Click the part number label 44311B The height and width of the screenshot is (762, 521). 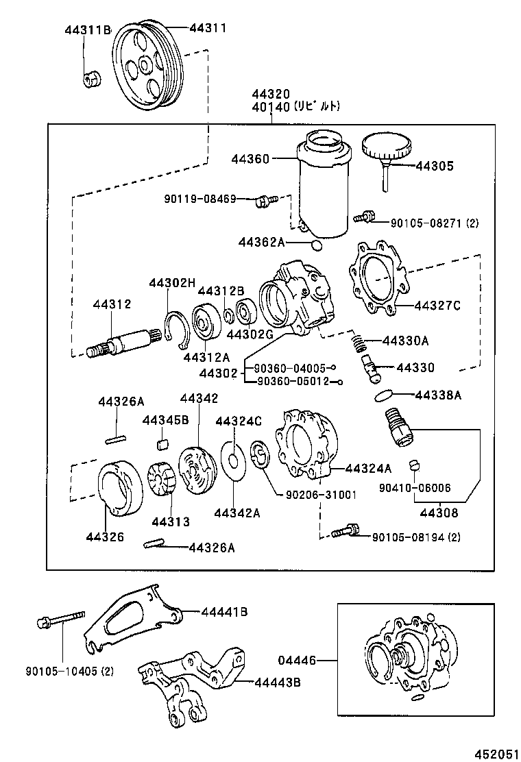click(88, 30)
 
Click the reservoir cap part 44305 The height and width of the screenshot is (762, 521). click(385, 147)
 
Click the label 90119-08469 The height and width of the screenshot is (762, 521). click(199, 199)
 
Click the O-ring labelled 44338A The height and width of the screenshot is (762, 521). click(385, 396)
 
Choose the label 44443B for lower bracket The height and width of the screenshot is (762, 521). click(280, 682)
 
